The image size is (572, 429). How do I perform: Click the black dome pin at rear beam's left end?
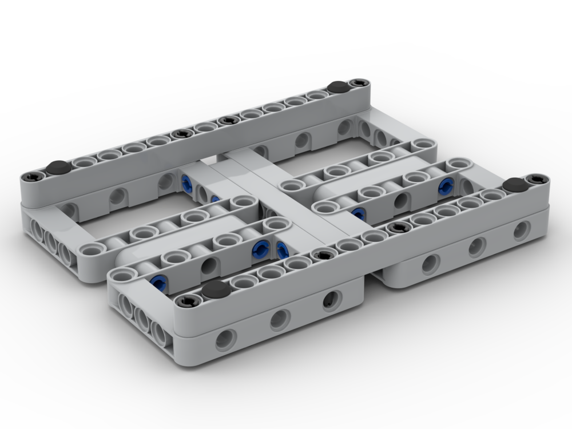pyautogui.click(x=57, y=167)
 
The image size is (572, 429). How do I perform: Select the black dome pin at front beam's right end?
pyautogui.click(x=515, y=184)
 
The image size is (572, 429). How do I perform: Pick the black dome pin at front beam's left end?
pyautogui.click(x=215, y=288)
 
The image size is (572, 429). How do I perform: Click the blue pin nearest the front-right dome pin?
pyautogui.click(x=445, y=185)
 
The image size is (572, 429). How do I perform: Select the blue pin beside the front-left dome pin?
pyautogui.click(x=159, y=280)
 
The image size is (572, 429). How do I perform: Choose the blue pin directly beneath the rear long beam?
pyautogui.click(x=186, y=181)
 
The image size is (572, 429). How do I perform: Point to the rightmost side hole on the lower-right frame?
pyautogui.click(x=521, y=231)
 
